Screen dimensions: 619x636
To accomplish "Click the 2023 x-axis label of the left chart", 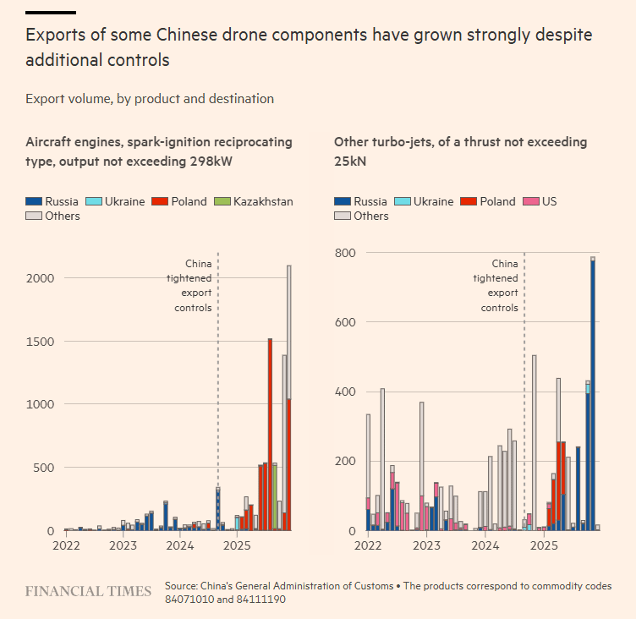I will tap(123, 546).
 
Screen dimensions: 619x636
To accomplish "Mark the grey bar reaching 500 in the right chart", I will tap(535, 440).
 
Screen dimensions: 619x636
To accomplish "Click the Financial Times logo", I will tap(88, 590).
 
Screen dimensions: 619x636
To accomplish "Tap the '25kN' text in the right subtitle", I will tap(351, 162).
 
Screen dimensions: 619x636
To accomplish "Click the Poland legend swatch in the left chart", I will tap(157, 201).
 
